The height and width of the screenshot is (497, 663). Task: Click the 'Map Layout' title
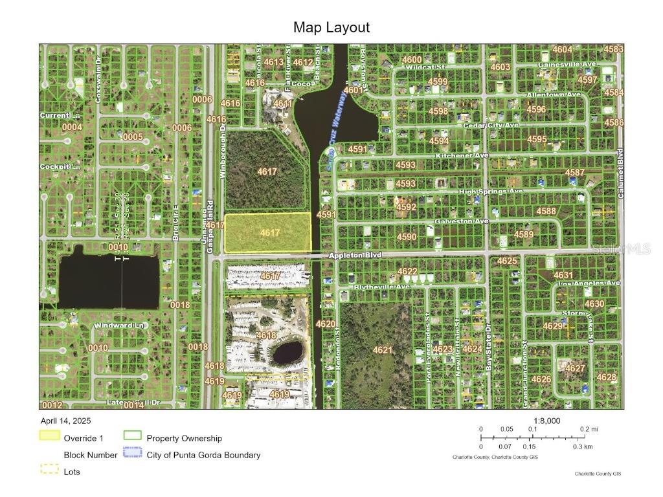coord(331,27)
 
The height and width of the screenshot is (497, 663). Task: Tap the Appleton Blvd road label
coord(355,256)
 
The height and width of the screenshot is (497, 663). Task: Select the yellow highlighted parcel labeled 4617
coord(267,233)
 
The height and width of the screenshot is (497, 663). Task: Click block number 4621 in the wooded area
coord(383,350)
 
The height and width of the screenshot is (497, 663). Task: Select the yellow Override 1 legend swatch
coord(50,437)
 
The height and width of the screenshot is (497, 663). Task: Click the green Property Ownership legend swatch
coord(132,437)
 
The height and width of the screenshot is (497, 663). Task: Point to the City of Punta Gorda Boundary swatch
coord(132,454)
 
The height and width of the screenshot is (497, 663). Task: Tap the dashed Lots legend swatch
coord(50,470)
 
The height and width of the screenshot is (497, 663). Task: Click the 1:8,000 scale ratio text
coord(546,421)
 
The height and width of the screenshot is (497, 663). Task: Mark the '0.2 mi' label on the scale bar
coord(589,429)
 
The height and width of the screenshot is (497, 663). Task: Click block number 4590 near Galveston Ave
coord(407,237)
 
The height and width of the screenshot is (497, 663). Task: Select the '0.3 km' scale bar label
coord(583,447)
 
